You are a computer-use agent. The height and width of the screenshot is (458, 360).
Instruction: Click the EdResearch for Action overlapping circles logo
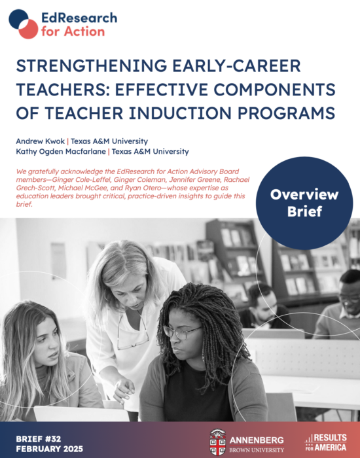(24, 24)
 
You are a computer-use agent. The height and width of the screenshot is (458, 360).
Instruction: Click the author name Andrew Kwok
(41, 141)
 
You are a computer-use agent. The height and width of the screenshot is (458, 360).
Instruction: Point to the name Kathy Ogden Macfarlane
(61, 152)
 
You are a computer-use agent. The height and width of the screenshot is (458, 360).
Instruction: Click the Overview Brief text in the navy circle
(304, 203)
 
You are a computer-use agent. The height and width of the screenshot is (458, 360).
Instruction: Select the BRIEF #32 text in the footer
(39, 439)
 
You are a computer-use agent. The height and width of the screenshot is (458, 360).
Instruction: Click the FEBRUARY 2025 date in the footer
(49, 449)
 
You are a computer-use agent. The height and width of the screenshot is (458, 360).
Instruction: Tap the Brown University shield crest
(217, 442)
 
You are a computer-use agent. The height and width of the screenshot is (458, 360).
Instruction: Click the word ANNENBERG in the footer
(257, 440)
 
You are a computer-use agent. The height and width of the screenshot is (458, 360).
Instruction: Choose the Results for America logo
(326, 442)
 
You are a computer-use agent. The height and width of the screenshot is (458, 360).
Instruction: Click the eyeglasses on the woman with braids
(182, 332)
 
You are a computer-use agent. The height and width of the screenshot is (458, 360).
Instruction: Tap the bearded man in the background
(264, 306)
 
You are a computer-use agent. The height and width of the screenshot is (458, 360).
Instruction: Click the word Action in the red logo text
(84, 31)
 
